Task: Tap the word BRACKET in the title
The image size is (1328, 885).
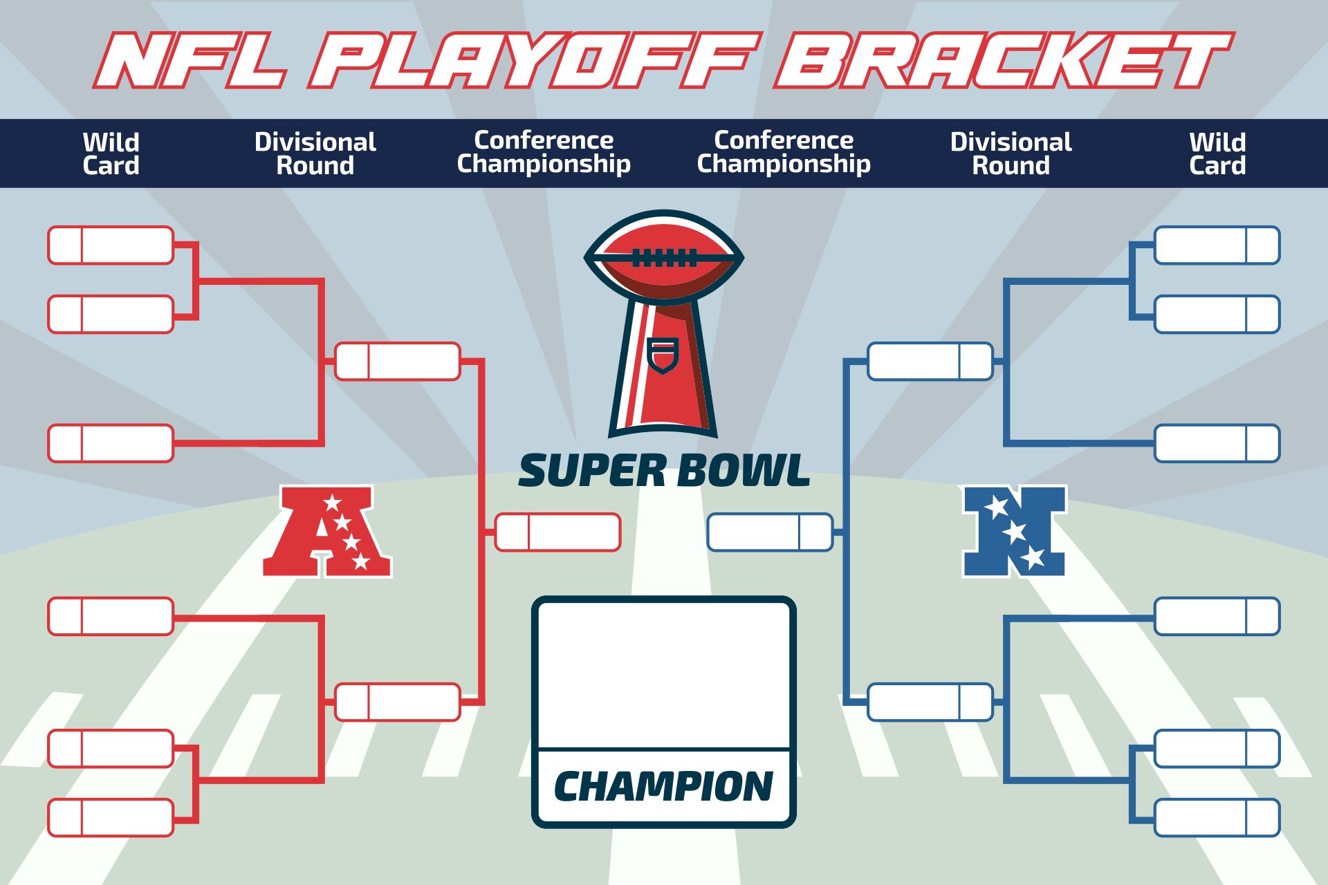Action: [x=1003, y=61]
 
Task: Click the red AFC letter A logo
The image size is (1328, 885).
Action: [x=327, y=531]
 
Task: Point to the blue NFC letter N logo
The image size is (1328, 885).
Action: [x=1014, y=531]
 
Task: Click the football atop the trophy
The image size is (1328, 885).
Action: [x=664, y=257]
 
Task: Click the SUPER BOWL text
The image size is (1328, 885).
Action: [x=664, y=471]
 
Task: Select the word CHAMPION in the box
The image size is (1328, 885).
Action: [x=664, y=787]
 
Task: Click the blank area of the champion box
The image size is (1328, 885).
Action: [x=664, y=674]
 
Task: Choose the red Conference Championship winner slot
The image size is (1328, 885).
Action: [x=557, y=532]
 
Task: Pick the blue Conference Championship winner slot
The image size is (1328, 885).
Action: [x=770, y=532]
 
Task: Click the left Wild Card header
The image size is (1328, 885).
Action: [x=111, y=153]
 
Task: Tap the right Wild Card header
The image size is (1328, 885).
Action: [x=1217, y=153]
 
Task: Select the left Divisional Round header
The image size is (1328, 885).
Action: [x=315, y=153]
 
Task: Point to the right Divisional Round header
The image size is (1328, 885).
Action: [x=1011, y=153]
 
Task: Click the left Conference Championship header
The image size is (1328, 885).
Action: [x=544, y=152]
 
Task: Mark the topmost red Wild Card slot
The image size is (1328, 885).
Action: [x=111, y=245]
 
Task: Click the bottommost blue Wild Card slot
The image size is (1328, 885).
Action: [x=1217, y=818]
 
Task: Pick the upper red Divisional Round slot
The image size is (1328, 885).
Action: [x=398, y=362]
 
